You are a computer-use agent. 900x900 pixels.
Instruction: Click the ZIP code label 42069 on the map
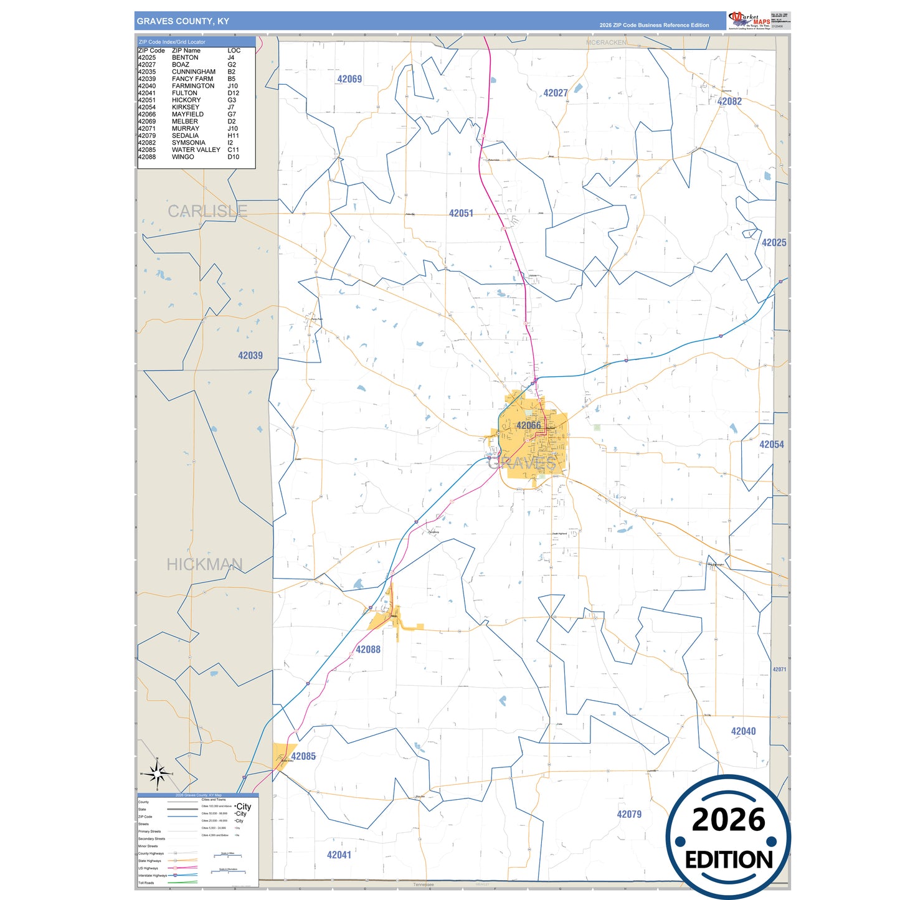click(349, 79)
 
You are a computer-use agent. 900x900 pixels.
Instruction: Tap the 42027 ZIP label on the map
click(555, 93)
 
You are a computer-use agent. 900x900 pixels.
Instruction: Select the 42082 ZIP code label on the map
click(729, 102)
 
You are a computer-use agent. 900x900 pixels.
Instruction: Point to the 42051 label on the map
click(461, 213)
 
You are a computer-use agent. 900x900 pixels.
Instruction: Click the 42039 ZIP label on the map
click(250, 356)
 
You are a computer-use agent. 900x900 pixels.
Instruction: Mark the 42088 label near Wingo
click(368, 650)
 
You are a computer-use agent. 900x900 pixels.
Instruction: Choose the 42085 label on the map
click(303, 756)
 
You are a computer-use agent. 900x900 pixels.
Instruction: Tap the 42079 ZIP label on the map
click(629, 814)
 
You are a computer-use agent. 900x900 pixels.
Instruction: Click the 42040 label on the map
click(743, 731)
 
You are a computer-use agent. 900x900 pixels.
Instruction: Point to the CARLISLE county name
click(207, 212)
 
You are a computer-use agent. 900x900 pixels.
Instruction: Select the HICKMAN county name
click(204, 564)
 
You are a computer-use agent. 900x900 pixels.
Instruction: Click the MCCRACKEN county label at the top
click(606, 42)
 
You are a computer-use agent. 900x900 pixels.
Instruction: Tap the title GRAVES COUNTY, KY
click(183, 21)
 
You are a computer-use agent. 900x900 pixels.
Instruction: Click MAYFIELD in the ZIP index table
click(187, 115)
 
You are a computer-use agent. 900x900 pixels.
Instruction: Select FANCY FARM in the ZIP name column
click(192, 79)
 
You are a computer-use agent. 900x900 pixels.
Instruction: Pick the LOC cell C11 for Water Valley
click(233, 150)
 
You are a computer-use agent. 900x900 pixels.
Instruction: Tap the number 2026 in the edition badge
click(728, 820)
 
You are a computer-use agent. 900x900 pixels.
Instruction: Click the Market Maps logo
click(749, 21)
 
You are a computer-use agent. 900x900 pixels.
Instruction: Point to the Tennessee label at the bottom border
click(424, 884)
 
